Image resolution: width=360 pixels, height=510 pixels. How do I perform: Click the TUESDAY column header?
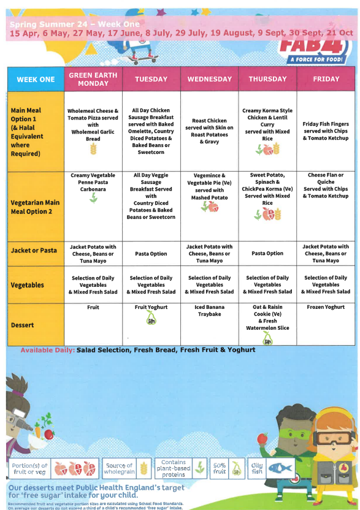[x=151, y=79]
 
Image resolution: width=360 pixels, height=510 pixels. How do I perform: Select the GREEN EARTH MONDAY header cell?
[x=93, y=79]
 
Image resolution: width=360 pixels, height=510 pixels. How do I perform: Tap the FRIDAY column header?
[x=326, y=79]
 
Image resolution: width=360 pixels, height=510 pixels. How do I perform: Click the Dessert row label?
[x=23, y=325]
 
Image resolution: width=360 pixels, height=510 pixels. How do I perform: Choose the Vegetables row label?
[x=28, y=285]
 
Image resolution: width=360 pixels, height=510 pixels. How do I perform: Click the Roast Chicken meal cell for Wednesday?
[x=209, y=131]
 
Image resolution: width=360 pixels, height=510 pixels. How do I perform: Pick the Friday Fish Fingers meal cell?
[x=326, y=131]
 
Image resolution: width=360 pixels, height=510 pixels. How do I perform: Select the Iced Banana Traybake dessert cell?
[x=209, y=311]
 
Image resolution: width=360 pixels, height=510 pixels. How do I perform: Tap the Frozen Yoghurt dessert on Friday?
[x=326, y=307]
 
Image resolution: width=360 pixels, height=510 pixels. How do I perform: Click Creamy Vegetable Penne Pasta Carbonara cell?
[x=93, y=183]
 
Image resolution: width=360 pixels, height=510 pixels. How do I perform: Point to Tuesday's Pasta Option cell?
[x=151, y=253]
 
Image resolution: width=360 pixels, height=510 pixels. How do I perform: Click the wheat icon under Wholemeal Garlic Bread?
[x=93, y=148]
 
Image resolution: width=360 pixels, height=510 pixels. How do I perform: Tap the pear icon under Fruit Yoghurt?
[x=151, y=318]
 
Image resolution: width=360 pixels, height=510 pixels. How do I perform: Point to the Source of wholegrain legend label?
[x=118, y=469]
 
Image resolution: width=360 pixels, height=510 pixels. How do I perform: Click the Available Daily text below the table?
[x=48, y=350]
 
